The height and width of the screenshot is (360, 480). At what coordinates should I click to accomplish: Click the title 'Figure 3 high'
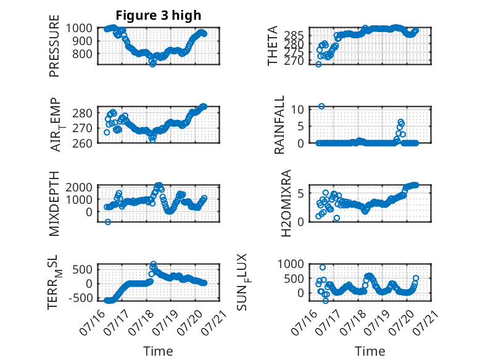[159, 15]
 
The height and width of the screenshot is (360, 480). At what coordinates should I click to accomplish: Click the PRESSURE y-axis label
[54, 46]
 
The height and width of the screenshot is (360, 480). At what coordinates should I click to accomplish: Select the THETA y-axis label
[272, 46]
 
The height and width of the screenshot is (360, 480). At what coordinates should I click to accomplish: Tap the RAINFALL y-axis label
[279, 125]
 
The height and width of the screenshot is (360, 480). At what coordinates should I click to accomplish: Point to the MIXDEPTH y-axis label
[54, 204]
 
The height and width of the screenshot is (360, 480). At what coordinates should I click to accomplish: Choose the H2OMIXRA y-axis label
[286, 203]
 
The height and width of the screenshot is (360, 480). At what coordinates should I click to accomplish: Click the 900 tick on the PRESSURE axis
[79, 41]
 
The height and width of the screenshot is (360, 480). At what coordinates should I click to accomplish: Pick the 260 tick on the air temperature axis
[82, 143]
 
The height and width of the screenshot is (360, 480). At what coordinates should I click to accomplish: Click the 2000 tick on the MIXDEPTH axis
[79, 187]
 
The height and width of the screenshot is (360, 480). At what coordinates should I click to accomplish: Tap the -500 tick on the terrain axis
[80, 298]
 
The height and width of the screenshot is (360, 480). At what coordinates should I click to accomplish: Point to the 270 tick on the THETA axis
[294, 61]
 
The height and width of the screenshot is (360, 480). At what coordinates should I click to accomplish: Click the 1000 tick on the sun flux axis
[291, 264]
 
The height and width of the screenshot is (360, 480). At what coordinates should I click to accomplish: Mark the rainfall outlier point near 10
[321, 106]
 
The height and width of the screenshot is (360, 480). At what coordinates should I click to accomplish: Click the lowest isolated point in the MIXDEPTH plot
[108, 222]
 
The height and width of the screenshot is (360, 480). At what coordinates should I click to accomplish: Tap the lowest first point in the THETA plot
[318, 64]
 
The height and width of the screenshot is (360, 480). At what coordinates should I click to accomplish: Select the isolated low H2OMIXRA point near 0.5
[337, 218]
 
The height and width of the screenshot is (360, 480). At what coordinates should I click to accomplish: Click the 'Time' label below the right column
[370, 351]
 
